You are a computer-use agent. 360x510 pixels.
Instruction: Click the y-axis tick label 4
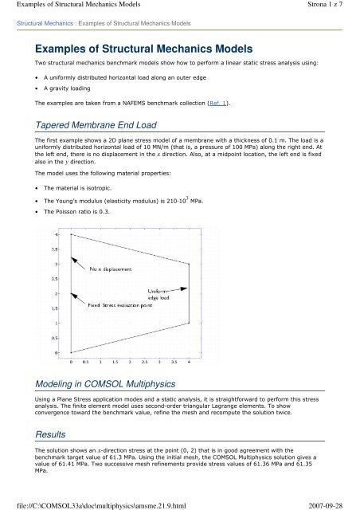[x=55, y=234]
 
